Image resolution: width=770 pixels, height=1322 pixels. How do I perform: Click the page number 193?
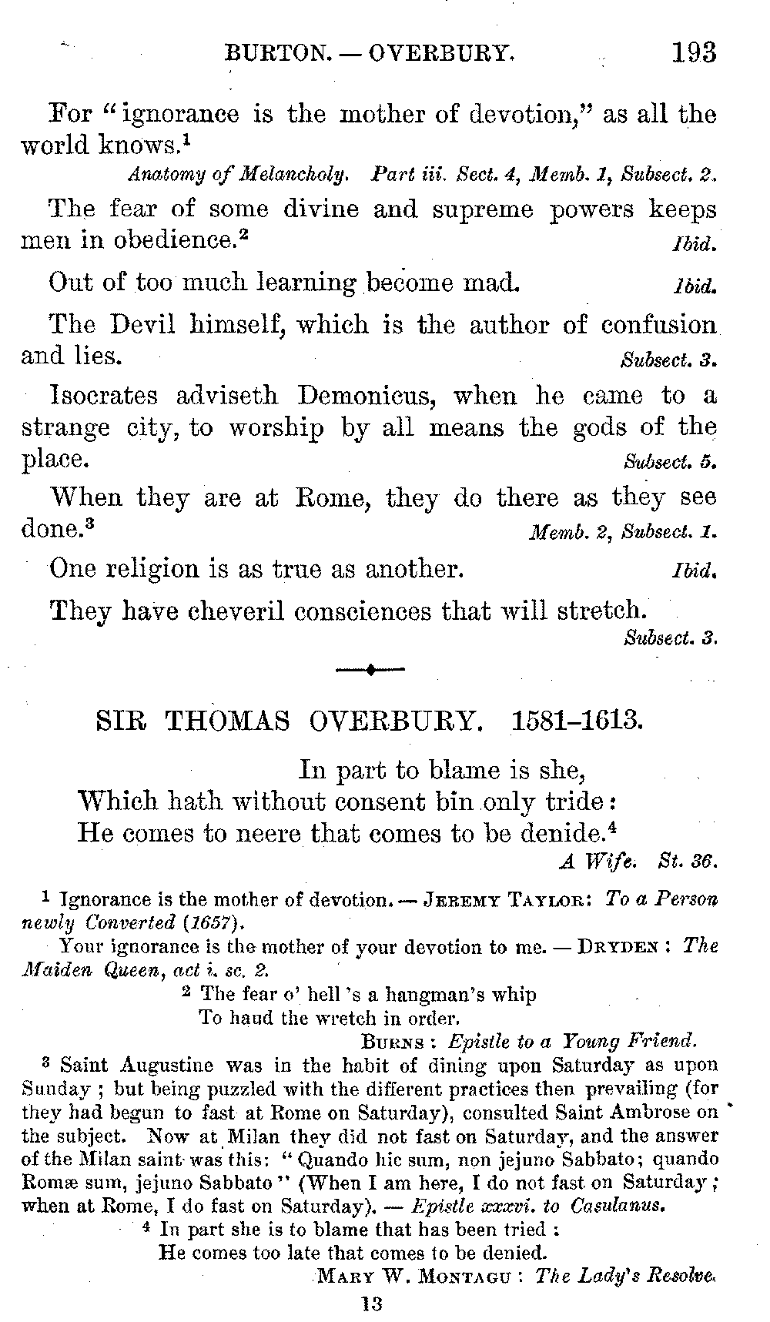click(x=693, y=52)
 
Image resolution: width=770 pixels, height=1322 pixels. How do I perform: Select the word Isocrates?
click(x=105, y=396)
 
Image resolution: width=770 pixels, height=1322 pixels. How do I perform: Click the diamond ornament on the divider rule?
click(x=370, y=670)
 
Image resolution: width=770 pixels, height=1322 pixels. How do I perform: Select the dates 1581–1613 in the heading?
click(x=577, y=721)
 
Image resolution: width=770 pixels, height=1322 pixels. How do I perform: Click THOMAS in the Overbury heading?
click(x=228, y=721)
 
